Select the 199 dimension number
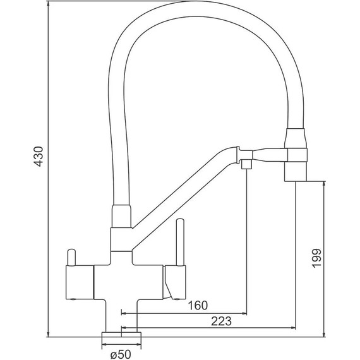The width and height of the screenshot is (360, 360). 316,258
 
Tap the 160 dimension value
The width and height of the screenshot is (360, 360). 198,305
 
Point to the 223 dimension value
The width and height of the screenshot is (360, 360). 221,321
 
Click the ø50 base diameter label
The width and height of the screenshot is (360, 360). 121,354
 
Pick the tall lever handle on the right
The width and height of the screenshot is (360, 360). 180,243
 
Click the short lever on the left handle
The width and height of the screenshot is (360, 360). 71,257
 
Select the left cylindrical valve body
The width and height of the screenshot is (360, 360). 80,282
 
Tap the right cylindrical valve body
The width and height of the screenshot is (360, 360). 175,282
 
